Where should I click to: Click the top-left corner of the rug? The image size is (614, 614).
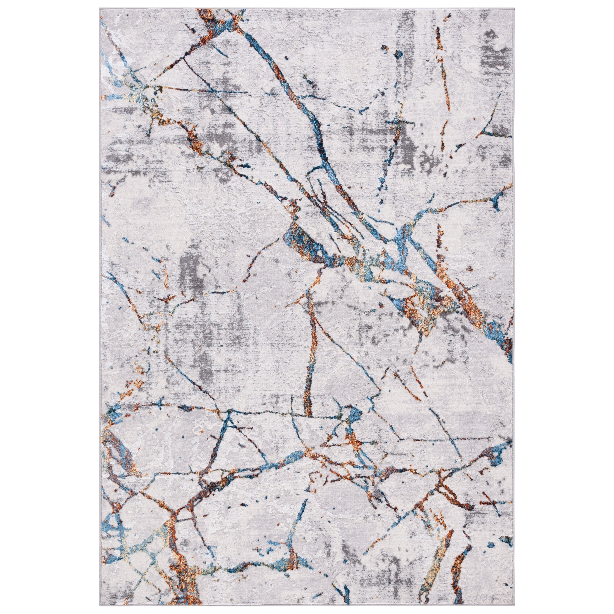pyautogui.click(x=100, y=10)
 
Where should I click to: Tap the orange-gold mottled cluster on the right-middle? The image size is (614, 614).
pyautogui.click(x=423, y=305)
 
